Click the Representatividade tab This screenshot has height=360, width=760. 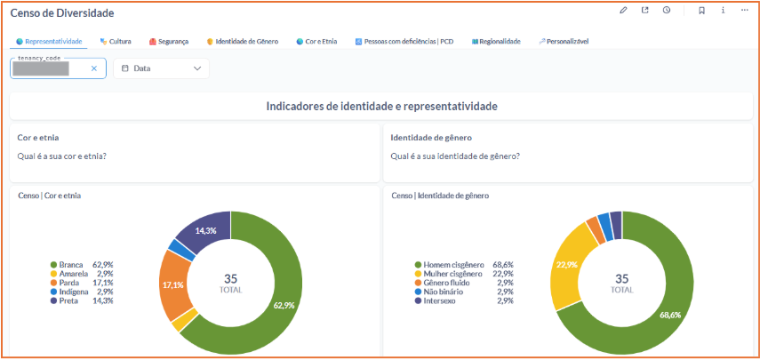[x=49, y=42]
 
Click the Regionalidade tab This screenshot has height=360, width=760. [x=497, y=42]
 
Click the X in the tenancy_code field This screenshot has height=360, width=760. [x=94, y=68]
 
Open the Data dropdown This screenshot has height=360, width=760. [x=161, y=68]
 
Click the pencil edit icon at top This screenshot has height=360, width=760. [x=623, y=11]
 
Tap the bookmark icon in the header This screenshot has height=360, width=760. [x=701, y=11]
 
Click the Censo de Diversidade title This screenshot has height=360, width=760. [x=62, y=13]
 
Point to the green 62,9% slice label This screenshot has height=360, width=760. [x=283, y=305]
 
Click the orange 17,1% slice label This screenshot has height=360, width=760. [x=172, y=284]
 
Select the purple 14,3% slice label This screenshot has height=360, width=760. [x=205, y=230]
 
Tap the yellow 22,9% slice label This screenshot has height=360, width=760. [x=565, y=264]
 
